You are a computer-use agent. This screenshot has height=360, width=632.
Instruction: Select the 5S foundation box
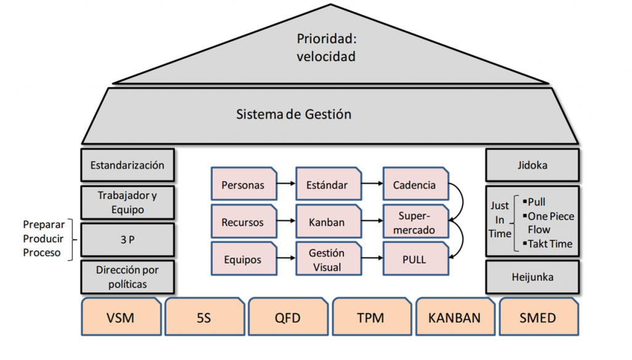[x=204, y=317]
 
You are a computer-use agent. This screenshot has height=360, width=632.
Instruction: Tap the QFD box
[x=288, y=317]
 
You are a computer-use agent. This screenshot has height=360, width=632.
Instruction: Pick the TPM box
[x=371, y=317]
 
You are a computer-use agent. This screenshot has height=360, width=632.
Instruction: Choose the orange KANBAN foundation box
[x=454, y=317]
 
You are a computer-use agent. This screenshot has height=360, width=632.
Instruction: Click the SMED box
[x=538, y=317]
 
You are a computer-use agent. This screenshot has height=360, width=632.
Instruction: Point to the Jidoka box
[x=533, y=165]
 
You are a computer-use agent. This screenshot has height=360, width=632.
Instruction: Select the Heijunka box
[x=533, y=277]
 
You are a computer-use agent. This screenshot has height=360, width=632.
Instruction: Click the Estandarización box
[x=127, y=165]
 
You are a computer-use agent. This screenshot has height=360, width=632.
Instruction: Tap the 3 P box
[x=127, y=240]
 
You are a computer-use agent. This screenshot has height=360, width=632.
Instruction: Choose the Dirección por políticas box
[x=127, y=277]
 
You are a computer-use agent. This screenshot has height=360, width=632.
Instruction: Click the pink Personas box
[x=243, y=184]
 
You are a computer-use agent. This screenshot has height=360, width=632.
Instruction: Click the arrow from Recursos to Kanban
[x=285, y=222]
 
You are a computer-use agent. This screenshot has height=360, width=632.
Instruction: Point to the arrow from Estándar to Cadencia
[x=371, y=184]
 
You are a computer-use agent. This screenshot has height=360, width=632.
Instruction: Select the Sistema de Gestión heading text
[x=294, y=114]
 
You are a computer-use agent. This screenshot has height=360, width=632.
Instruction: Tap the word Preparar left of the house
[x=43, y=224]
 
